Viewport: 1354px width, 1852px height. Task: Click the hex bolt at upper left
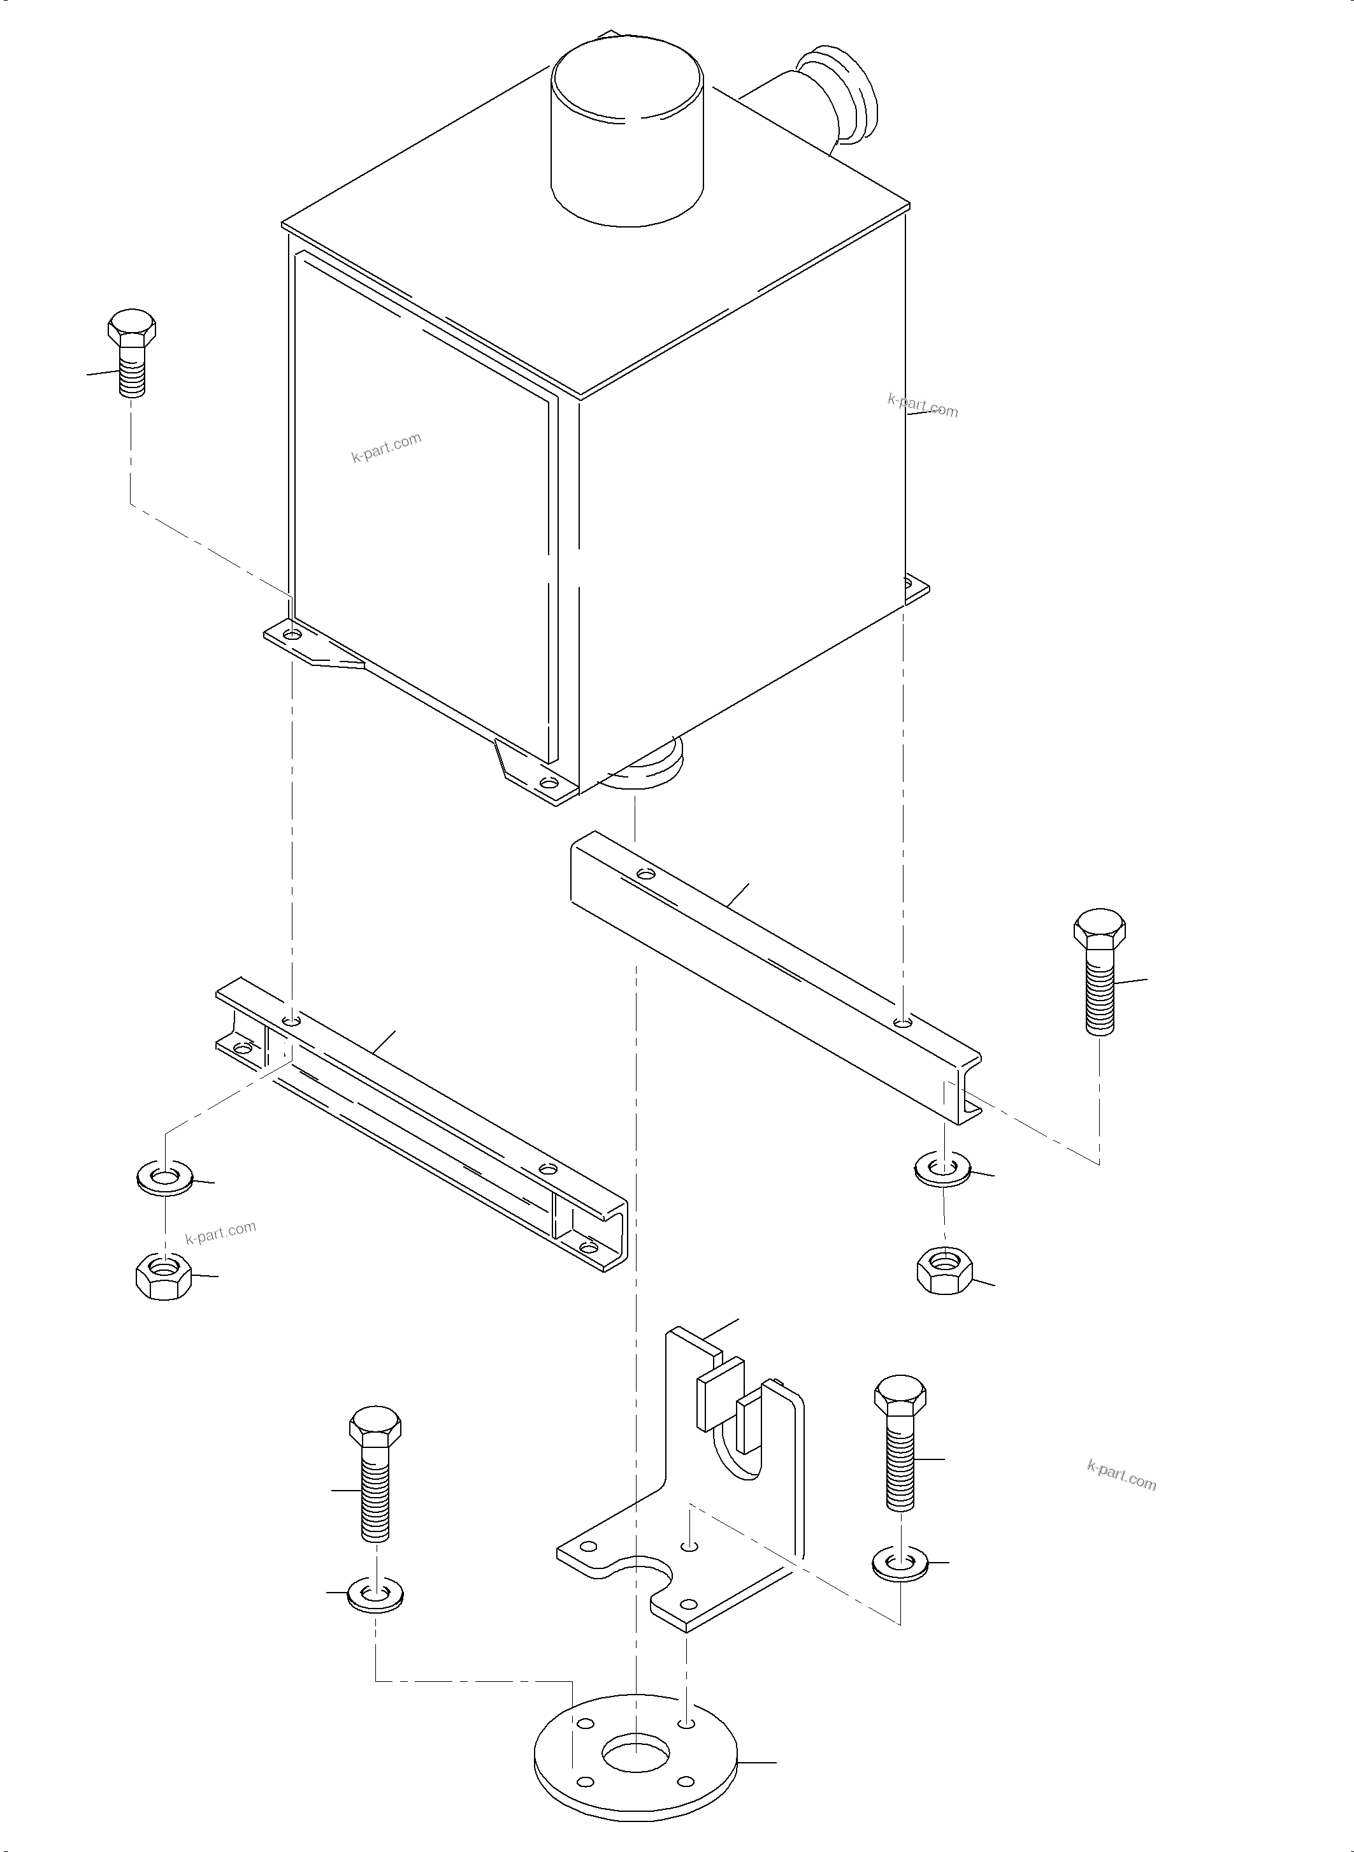(x=131, y=352)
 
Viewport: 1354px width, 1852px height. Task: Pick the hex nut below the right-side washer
(x=944, y=1271)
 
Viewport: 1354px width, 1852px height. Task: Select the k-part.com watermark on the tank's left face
(x=386, y=447)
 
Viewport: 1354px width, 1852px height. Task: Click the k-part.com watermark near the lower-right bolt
(x=1121, y=1477)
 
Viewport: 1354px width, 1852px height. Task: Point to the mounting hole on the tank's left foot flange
(x=292, y=635)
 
